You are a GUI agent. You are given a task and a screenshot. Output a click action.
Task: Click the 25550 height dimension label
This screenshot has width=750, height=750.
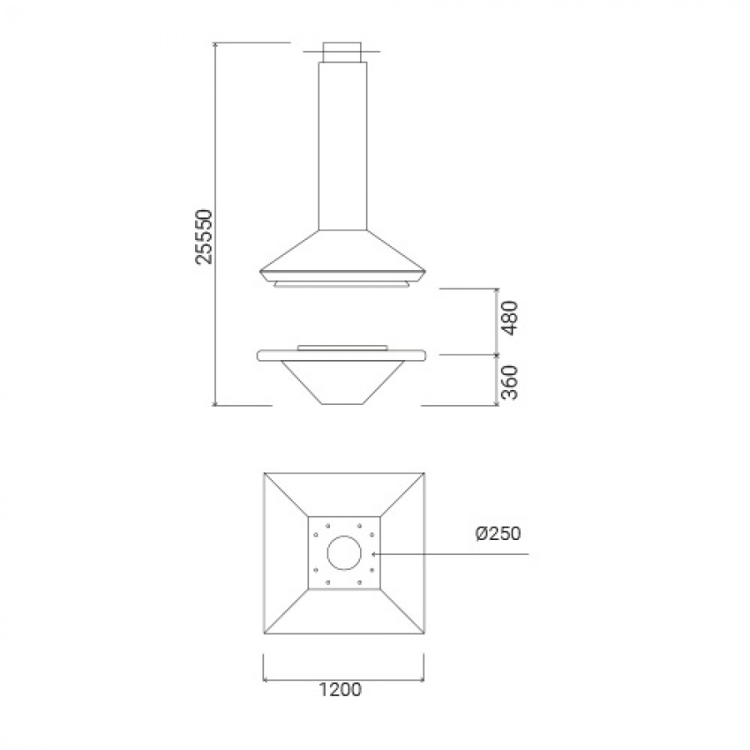coord(204,237)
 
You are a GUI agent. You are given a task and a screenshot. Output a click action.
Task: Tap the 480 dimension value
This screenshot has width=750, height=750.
coord(509,318)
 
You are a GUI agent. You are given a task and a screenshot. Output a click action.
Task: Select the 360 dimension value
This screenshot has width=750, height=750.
coord(509,382)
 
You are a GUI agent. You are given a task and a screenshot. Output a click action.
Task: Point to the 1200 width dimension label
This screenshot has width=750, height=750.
coord(340,690)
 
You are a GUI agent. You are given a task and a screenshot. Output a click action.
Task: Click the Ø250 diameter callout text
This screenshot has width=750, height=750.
coord(498,533)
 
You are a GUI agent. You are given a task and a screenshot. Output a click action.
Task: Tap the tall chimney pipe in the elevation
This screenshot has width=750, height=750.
coord(342,146)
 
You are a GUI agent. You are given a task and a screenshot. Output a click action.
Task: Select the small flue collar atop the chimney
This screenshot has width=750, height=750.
coord(342,52)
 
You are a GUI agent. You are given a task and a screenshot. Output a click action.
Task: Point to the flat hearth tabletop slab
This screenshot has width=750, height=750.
coord(342,355)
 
